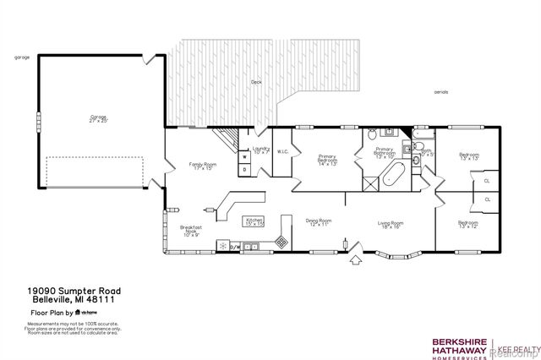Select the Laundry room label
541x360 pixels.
tap(260, 150)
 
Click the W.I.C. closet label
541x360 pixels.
tap(282, 153)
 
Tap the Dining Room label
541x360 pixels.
tap(318, 222)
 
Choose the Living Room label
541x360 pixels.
tap(391, 224)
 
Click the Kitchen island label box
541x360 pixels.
tap(254, 222)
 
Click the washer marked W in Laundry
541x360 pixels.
tap(245, 156)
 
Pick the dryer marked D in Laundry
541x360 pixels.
tap(245, 169)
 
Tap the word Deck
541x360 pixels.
tap(255, 82)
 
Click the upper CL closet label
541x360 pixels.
tap(487, 180)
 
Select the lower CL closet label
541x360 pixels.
tap(487, 199)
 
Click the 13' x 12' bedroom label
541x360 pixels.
tap(468, 224)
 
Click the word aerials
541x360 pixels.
tap(441, 91)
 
